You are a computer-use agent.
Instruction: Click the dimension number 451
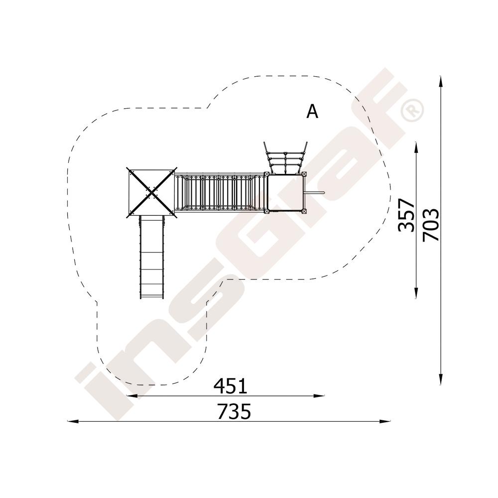coord(230,386)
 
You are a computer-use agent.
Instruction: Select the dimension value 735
coord(234,411)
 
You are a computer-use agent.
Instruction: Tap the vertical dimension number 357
coord(406,215)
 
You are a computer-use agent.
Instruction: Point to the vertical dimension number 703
coord(431,225)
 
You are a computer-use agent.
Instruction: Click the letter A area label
coord(312,112)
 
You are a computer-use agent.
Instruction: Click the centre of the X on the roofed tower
coord(152,192)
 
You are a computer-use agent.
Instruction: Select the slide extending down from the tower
coord(151,257)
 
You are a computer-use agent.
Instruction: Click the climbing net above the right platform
coord(285,158)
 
